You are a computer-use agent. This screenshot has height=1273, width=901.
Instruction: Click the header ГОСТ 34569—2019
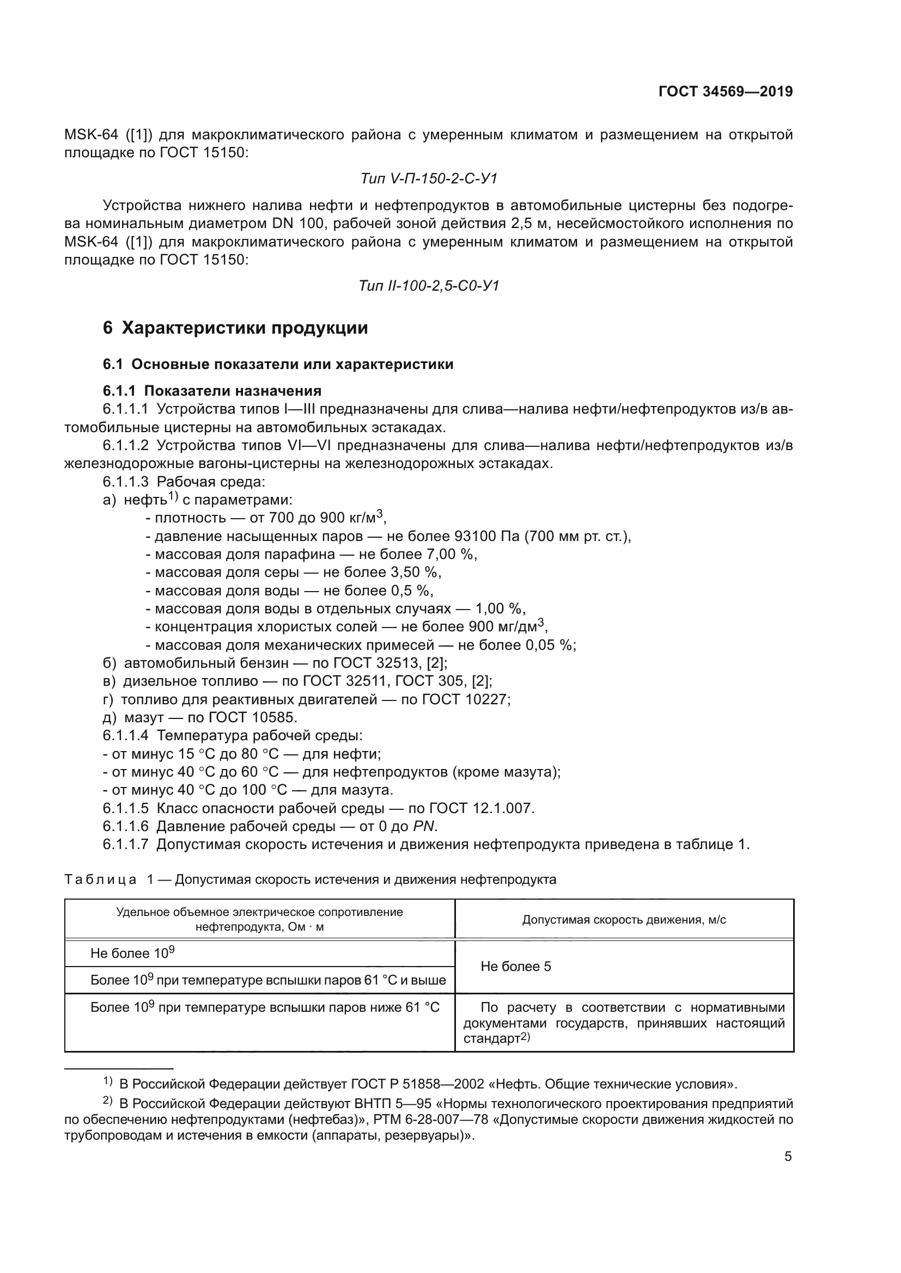coord(725,91)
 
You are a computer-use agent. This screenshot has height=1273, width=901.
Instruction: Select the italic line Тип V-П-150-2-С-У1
coord(429,179)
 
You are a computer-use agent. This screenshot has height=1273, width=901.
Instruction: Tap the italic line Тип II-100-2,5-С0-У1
coord(429,286)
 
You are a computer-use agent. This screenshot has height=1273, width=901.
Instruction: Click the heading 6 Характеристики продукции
coord(235,328)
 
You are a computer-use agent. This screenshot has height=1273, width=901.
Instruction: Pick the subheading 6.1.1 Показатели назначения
coord(212,390)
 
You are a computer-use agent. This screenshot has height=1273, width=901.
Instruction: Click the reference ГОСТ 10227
coord(464,699)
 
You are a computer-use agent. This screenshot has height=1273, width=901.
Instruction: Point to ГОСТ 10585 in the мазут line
coord(251,717)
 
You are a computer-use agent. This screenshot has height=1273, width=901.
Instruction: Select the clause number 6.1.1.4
coord(125,736)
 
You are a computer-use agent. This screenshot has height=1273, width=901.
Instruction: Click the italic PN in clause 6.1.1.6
coord(424,827)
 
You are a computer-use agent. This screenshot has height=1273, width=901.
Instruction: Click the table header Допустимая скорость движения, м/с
coord(624,920)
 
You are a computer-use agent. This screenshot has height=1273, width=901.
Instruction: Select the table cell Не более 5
coord(515,967)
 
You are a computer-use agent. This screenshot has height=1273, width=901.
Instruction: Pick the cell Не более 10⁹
coord(132,953)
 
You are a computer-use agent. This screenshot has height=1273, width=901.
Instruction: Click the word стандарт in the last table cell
coord(491,1038)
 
